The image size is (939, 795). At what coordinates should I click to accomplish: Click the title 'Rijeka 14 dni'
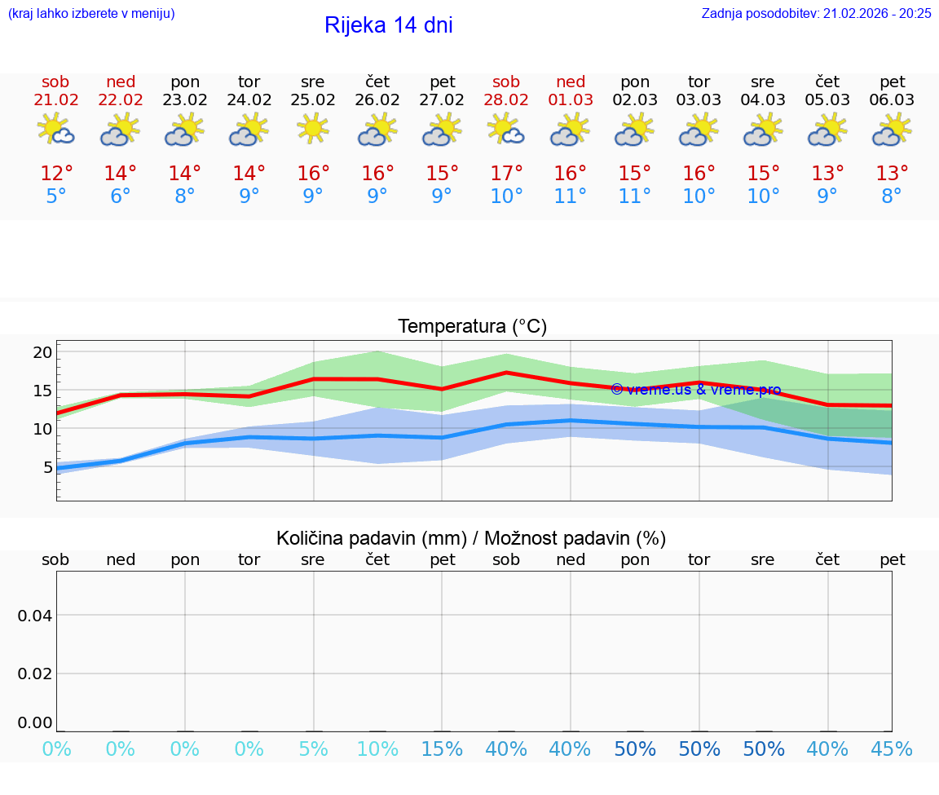click(x=388, y=25)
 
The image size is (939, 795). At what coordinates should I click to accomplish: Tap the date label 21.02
click(x=55, y=100)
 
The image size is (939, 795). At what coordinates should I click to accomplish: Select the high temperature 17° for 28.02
click(x=506, y=174)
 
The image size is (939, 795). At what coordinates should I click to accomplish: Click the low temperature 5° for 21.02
click(x=55, y=197)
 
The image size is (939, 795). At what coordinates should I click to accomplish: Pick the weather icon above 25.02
click(x=313, y=129)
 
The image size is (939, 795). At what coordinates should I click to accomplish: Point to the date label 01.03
click(x=571, y=100)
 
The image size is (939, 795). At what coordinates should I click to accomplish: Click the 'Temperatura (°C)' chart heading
click(x=472, y=327)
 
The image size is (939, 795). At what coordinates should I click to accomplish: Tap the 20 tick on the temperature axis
click(x=42, y=352)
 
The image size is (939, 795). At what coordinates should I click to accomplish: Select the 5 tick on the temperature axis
click(x=47, y=467)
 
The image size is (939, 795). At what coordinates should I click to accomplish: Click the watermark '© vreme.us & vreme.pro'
click(x=695, y=390)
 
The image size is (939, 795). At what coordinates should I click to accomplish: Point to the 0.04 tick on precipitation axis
click(x=35, y=616)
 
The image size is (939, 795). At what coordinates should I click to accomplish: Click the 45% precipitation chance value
click(x=892, y=749)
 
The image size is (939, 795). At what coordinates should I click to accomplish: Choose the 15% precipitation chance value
click(x=442, y=749)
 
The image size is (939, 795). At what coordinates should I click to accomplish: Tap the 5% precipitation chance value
click(x=313, y=749)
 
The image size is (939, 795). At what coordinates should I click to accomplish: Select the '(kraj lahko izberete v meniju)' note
click(x=91, y=13)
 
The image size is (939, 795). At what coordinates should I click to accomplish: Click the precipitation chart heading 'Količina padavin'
click(x=471, y=538)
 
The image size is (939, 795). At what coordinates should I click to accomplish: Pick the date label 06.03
click(x=892, y=100)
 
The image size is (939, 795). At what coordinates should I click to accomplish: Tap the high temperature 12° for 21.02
click(x=56, y=174)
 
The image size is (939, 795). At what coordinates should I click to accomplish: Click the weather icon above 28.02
click(x=506, y=129)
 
